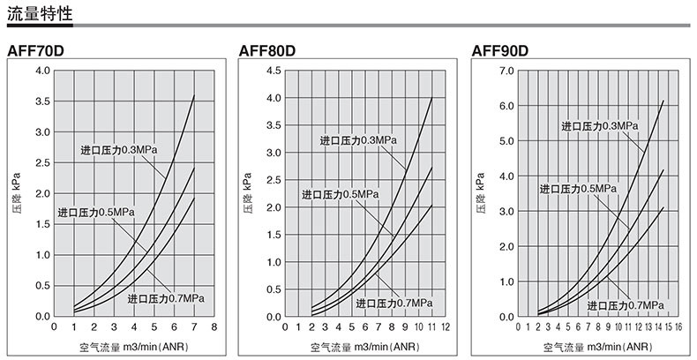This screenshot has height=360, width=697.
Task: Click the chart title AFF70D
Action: pos(34,49)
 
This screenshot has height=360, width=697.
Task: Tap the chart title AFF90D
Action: pos(500,49)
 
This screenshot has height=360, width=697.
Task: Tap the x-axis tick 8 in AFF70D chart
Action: pos(215,326)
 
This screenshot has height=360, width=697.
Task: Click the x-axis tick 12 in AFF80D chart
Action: pos(446,326)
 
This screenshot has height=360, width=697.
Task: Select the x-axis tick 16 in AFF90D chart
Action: pos(678,326)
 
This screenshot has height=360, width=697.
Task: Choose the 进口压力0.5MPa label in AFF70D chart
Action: pos(96,213)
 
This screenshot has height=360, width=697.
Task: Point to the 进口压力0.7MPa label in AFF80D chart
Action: pos(394,304)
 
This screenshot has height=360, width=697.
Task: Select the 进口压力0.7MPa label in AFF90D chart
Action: pos(625,305)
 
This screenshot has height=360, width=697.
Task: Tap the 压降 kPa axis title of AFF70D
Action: pos(15,193)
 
